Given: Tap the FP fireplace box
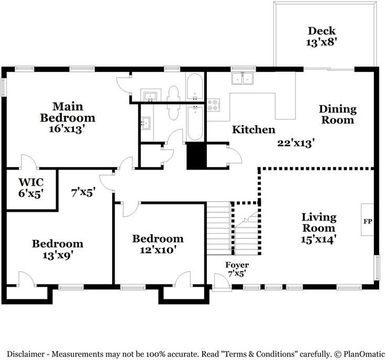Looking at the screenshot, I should (x=368, y=221).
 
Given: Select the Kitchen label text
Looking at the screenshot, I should (x=253, y=129).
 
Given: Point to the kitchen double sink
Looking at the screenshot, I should (x=242, y=79).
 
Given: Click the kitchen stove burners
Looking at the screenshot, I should (x=214, y=105).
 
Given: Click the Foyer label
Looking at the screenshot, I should (x=237, y=265).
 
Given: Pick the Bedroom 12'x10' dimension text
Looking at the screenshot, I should (x=158, y=250).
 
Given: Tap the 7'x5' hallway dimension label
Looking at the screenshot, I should (x=83, y=192).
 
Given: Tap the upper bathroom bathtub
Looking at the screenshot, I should (x=194, y=87).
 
